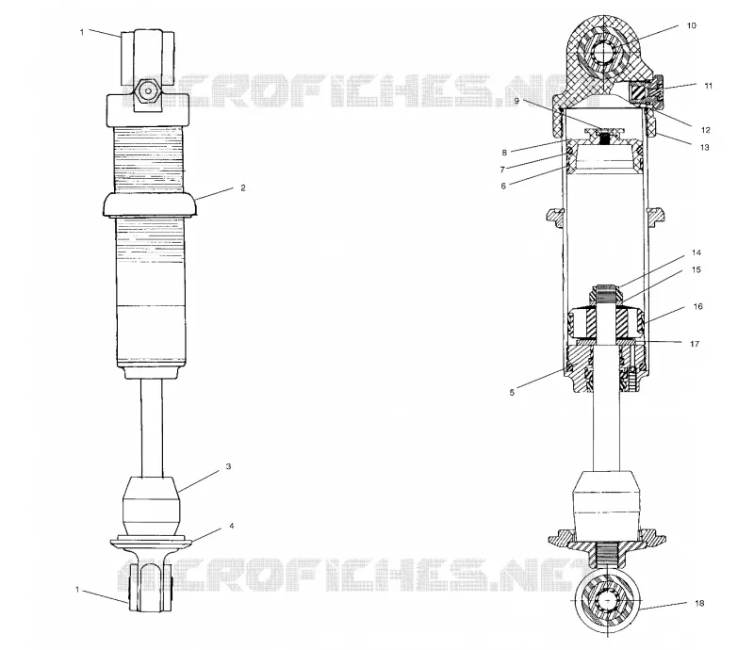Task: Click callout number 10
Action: pos(691,25)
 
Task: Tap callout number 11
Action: pos(708,86)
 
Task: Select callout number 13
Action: pos(704,148)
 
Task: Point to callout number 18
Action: pos(699,603)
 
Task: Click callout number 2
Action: pos(243,188)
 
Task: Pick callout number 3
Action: pos(228,466)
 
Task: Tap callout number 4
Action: pos(231,526)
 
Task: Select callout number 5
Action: pos(512,393)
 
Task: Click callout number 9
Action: pos(516,101)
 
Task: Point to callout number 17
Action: pos(695,344)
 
